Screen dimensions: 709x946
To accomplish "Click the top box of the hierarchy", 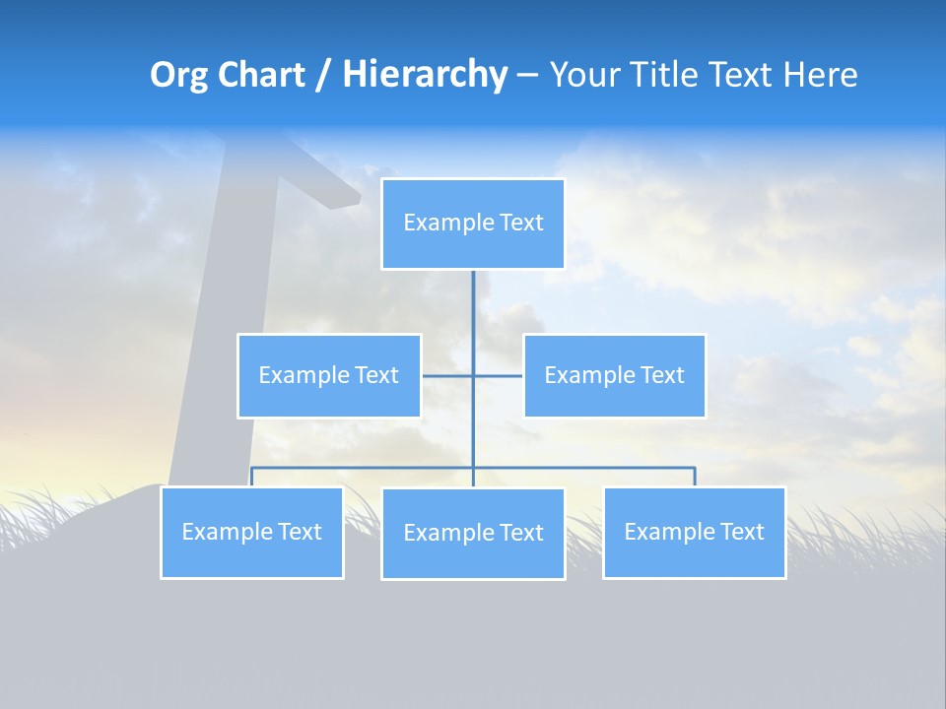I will [473, 224].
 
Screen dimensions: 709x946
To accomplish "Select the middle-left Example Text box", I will [329, 376].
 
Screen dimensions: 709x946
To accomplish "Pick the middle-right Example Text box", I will [614, 376].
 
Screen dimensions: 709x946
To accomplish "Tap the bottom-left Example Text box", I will [252, 533].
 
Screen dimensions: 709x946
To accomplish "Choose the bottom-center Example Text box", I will [473, 534].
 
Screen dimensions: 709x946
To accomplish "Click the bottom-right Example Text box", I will [694, 533].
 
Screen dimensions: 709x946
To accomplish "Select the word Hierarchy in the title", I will [425, 75].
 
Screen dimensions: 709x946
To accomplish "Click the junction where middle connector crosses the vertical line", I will [473, 376].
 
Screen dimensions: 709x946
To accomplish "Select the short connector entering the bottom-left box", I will [252, 478].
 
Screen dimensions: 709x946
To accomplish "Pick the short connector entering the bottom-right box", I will [694, 478].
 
